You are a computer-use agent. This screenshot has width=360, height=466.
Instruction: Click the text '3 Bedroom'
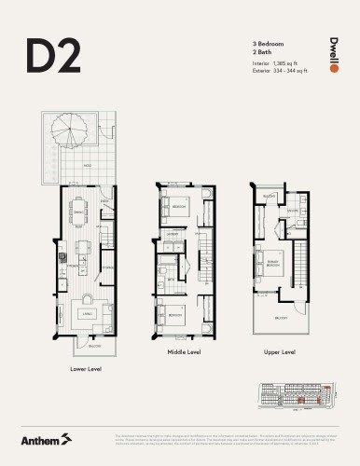(x=266, y=44)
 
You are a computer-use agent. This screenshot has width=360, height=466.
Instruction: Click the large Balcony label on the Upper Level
(x=282, y=318)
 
